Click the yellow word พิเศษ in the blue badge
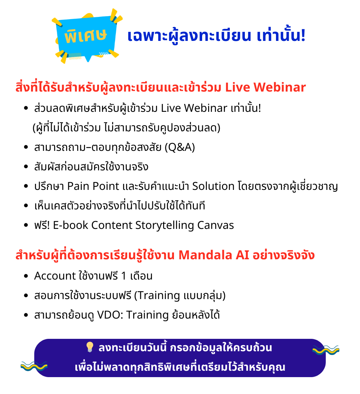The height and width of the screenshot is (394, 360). pyautogui.click(x=85, y=36)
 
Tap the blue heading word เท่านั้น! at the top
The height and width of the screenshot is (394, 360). pyautogui.click(x=281, y=35)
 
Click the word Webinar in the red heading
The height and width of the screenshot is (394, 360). pyautogui.click(x=279, y=87)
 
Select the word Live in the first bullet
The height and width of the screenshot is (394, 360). pyautogui.click(x=171, y=108)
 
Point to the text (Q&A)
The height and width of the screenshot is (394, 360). pyautogui.click(x=180, y=147)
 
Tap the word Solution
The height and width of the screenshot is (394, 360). pyautogui.click(x=213, y=186)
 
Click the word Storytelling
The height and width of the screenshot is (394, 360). pyautogui.click(x=165, y=226)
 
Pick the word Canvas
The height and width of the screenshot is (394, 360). pyautogui.click(x=215, y=225)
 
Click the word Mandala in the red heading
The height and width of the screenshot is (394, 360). pyautogui.click(x=205, y=255)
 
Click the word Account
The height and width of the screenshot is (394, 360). pyautogui.click(x=55, y=276)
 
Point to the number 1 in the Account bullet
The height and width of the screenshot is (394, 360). pyautogui.click(x=123, y=276)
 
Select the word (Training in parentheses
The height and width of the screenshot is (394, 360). pyautogui.click(x=157, y=296)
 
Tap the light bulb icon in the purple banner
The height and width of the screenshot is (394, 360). pyautogui.click(x=90, y=347)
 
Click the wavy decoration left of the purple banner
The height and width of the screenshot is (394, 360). pyautogui.click(x=34, y=366)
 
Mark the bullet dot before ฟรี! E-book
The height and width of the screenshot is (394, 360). pyautogui.click(x=26, y=225)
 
